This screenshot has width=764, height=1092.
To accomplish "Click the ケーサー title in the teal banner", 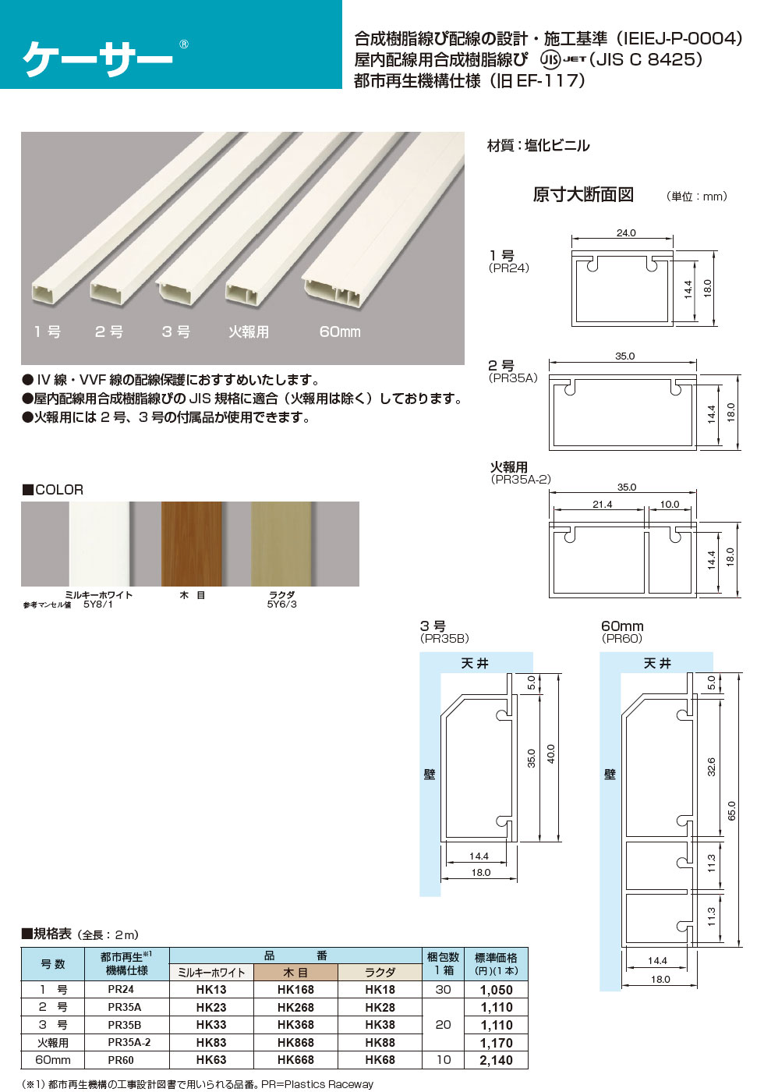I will click(x=97, y=58).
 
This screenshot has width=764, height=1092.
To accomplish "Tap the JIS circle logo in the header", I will click(x=550, y=59).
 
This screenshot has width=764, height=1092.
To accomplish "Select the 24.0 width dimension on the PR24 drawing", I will click(x=626, y=232).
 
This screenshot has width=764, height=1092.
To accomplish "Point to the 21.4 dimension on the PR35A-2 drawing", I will click(x=602, y=504).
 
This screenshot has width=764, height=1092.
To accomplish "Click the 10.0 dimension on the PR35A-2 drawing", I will click(x=670, y=504).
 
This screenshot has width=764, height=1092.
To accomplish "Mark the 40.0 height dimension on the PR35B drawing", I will click(x=550, y=754).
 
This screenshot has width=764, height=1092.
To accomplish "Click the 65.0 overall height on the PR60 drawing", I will click(x=731, y=810).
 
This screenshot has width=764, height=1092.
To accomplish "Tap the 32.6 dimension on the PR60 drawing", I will click(x=711, y=766).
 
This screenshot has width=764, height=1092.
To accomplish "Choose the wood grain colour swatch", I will click(x=191, y=544).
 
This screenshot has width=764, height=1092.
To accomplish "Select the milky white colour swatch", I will click(x=99, y=544).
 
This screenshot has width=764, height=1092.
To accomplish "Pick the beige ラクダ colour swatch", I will click(x=281, y=544).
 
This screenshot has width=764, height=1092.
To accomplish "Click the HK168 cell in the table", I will click(x=295, y=990).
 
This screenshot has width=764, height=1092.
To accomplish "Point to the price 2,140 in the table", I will click(x=497, y=1061).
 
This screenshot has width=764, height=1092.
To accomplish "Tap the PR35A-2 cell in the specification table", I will click(x=129, y=1042).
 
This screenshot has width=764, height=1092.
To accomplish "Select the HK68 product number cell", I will click(x=380, y=1060).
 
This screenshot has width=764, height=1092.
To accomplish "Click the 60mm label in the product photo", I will click(x=340, y=331).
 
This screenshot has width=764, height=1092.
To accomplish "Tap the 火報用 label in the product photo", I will click(x=249, y=331).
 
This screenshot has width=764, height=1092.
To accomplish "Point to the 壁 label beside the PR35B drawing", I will click(x=430, y=774).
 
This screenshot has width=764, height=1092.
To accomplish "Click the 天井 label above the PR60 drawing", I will click(x=656, y=663).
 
